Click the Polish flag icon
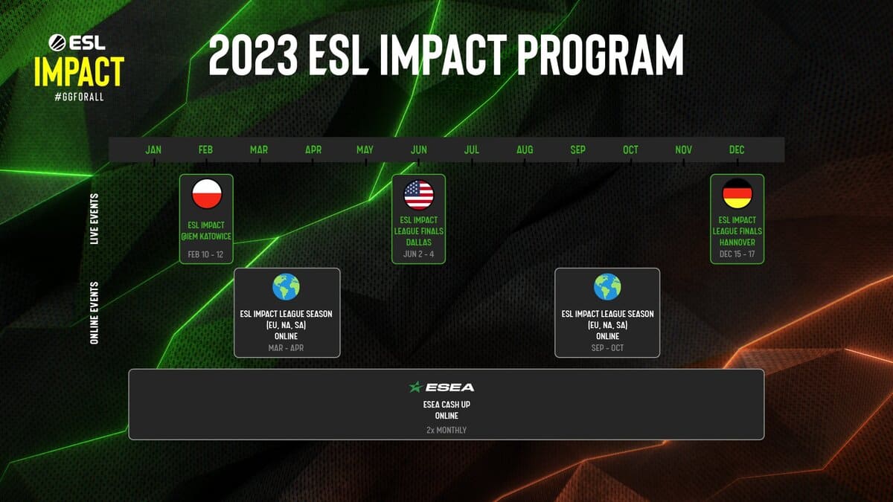coord(207,195)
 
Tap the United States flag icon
coord(418,195)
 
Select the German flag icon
coord(737,195)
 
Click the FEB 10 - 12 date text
coord(206,254)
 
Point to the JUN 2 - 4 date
coord(418,254)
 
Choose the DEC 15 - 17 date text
coord(737,254)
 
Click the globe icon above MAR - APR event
coord(287,287)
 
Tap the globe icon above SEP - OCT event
coord(607,287)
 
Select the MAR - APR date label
coord(287,347)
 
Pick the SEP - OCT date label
coord(607,347)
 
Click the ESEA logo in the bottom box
coord(441,387)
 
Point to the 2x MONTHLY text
coord(446,430)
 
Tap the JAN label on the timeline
coord(153,149)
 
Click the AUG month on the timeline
coord(525,149)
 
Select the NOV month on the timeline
coord(683,149)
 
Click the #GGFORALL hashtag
coord(78,99)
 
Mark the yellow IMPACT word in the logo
coord(78,72)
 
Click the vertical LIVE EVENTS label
coord(95,219)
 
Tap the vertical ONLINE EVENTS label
coord(95,313)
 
